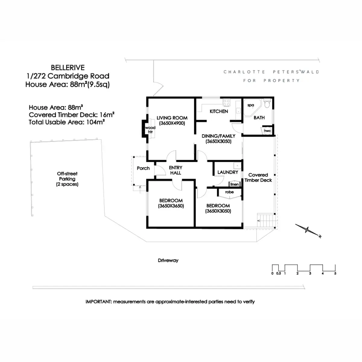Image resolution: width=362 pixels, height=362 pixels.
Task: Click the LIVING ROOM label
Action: [172, 118]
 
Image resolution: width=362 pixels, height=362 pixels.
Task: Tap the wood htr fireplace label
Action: [150, 130]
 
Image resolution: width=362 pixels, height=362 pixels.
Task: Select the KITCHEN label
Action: [219, 111]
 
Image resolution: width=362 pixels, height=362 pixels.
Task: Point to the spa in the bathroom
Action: [251, 106]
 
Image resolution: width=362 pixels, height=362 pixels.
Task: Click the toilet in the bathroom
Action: [267, 104]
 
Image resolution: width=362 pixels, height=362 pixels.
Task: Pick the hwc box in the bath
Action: [267, 131]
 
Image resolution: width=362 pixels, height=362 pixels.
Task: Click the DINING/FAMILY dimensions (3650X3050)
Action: [218, 141]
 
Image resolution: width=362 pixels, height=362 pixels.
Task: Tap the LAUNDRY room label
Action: [228, 172]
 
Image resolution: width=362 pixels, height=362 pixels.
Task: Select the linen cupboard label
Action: [234, 184]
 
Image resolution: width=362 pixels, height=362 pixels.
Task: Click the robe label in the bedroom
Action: [229, 192]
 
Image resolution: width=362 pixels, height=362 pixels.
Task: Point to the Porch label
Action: [143, 168]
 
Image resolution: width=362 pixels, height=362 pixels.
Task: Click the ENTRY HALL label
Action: [176, 170]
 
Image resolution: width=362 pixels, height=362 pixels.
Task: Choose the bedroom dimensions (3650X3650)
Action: [171, 206]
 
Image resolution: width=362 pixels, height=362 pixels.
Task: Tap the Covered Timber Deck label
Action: [258, 177]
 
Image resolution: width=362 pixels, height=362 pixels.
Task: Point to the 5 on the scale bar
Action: [335, 273]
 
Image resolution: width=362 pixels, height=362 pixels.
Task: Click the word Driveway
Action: [168, 260]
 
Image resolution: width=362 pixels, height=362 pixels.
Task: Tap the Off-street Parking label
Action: [67, 179]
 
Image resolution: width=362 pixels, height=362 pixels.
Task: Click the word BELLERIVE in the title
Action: [68, 68]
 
